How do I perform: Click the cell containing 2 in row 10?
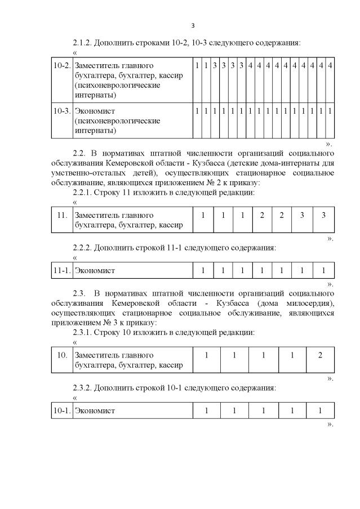(x=320, y=355)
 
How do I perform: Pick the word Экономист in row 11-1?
(x=95, y=271)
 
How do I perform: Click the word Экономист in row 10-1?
(x=95, y=410)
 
